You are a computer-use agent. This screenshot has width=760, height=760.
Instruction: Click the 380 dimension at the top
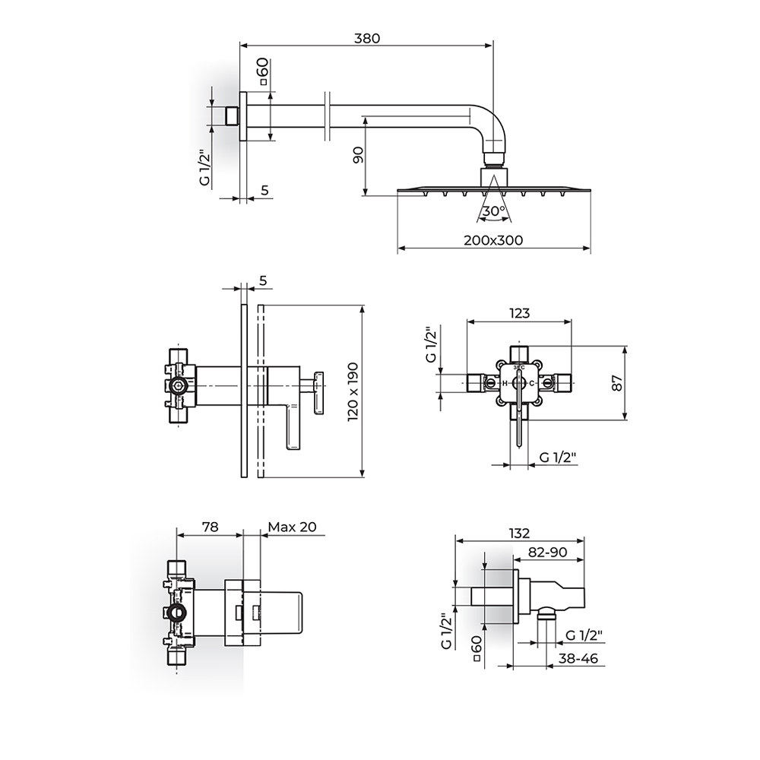[367, 38]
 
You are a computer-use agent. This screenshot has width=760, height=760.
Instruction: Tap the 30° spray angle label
[494, 211]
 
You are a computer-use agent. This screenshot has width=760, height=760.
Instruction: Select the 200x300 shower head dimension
[493, 240]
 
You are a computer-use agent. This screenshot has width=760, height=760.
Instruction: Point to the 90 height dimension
[358, 155]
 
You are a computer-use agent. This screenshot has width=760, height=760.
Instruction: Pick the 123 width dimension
[519, 313]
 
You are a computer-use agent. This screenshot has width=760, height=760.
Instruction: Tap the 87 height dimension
[617, 383]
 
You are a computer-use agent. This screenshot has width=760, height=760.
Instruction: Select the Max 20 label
[293, 527]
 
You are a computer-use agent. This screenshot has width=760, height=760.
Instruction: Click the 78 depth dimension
[210, 527]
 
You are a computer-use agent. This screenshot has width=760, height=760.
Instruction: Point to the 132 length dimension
[519, 533]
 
